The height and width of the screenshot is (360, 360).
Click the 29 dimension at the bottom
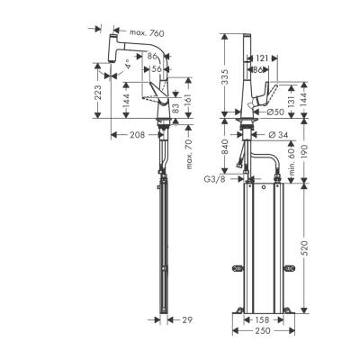(x=187, y=321)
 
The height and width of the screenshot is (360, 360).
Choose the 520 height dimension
(x=310, y=246)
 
